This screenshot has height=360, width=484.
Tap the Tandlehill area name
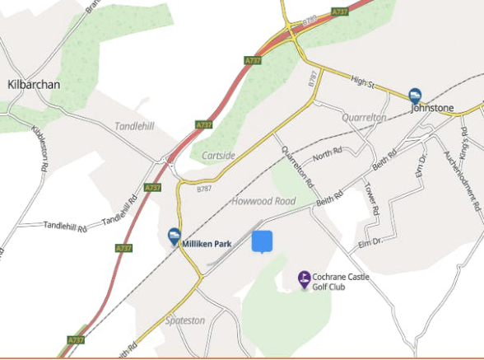point(134,126)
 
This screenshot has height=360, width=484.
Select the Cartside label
point(218,156)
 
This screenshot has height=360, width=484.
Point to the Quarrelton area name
point(364,118)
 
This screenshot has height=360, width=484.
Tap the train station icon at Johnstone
point(416,95)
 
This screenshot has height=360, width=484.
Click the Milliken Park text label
point(207,244)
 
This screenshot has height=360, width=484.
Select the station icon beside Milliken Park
point(174,236)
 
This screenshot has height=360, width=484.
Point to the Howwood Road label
point(263,201)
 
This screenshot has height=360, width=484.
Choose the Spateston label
point(184,320)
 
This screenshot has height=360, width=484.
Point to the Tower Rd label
point(371,199)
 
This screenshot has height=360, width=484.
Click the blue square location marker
point(262,241)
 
